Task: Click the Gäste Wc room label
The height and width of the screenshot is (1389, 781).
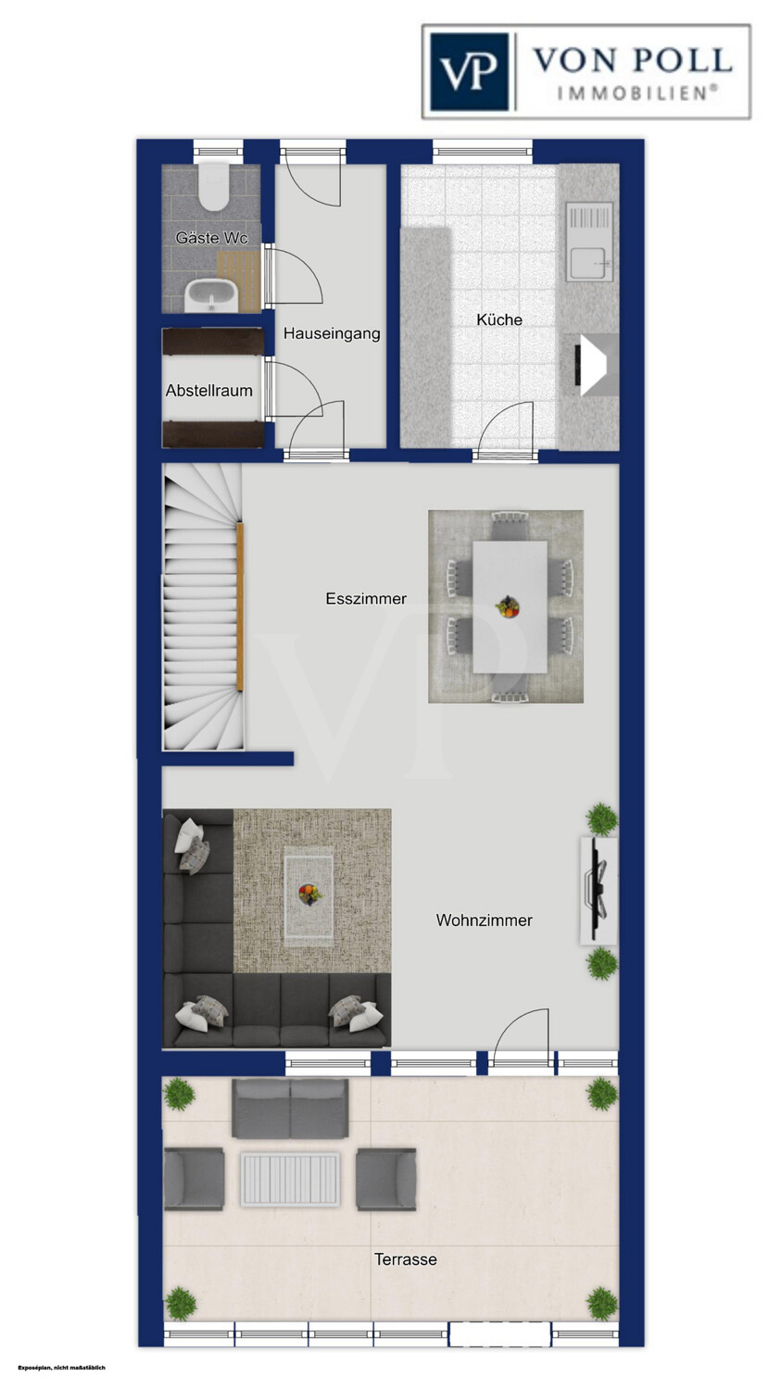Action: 211,238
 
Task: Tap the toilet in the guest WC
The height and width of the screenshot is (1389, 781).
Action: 212,187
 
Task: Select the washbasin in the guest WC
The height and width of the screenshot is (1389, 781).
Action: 212,295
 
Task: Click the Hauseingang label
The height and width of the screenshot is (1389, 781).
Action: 332,333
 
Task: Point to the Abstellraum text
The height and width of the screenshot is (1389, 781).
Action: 209,391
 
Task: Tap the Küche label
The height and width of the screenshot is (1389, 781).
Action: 499,320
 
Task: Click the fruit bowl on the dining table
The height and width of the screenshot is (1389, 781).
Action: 508,607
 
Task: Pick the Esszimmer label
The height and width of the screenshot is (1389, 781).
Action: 366,599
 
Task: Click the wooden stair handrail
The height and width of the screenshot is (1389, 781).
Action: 240,607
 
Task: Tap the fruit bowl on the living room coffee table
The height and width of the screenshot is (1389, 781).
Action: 309,895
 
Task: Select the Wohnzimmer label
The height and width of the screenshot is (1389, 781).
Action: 484,920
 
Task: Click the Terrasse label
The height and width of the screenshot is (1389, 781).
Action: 405,1259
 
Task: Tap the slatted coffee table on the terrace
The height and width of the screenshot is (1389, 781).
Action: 290,1179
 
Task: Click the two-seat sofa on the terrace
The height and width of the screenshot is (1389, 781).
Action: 290,1110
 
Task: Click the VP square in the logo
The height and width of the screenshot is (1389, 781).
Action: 470,72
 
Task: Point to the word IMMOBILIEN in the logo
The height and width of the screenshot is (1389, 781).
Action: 637,93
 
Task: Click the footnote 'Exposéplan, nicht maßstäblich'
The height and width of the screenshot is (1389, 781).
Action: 61,1368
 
